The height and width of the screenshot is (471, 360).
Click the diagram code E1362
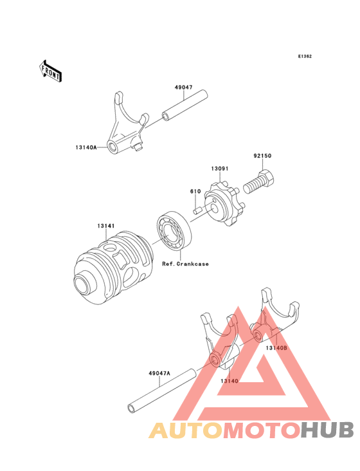304,57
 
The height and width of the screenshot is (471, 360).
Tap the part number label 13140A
85,147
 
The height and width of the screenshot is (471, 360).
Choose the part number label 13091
220,169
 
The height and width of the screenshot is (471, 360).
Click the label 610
195,191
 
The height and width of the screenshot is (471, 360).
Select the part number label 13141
106,226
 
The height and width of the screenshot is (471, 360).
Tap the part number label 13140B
276,348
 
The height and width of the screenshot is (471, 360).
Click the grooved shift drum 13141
113,268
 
